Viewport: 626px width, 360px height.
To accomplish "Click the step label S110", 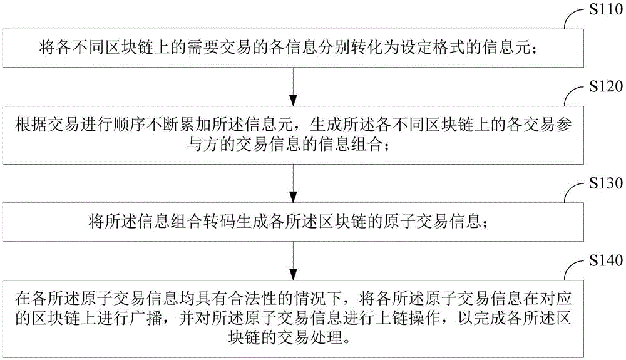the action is tap(606, 9).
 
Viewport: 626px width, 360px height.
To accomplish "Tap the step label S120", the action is tap(606, 86).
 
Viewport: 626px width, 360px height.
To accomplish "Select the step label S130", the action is tap(606, 183).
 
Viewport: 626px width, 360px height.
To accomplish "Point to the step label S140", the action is tap(606, 260).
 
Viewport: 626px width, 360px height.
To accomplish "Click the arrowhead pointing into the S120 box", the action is tap(293, 100).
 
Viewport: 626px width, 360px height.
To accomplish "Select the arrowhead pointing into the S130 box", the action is tap(293, 197).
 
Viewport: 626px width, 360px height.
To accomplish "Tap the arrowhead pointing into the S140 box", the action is tap(293, 274).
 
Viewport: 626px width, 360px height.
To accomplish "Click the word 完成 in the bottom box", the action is tap(489, 318).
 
